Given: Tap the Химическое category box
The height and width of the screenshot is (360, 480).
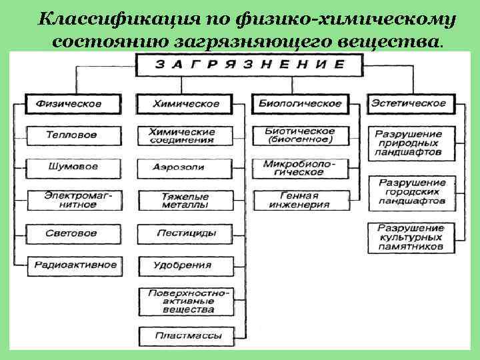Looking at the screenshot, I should click(x=186, y=104).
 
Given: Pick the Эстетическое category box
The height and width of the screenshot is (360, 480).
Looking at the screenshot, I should click(x=409, y=103).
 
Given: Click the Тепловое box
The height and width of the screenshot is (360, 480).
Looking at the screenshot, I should click(x=71, y=135).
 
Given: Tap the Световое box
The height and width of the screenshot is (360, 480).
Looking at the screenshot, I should click(x=72, y=233).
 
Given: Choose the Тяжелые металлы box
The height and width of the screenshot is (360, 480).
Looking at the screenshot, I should click(x=185, y=201).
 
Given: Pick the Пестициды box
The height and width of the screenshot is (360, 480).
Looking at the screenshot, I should click(x=186, y=233).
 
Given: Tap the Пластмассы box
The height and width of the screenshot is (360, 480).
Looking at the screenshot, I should click(x=185, y=335).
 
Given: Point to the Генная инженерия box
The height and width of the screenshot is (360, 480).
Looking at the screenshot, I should click(x=299, y=201).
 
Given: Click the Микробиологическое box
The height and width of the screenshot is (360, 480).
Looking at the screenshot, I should click(x=298, y=167).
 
